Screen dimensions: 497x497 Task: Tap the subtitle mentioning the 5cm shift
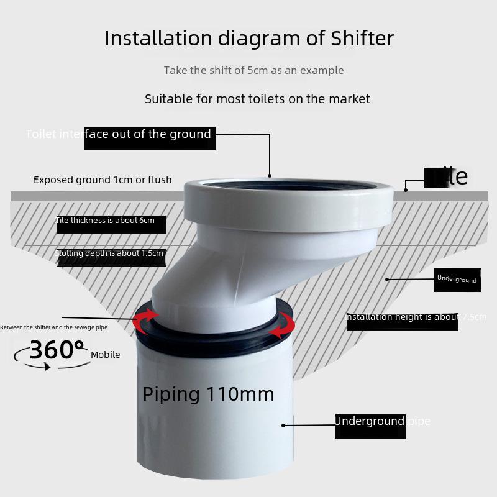[253, 70]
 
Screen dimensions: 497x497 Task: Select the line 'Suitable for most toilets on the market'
[257, 99]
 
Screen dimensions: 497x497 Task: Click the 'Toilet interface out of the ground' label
[119, 134]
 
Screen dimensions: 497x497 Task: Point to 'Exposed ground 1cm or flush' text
[103, 180]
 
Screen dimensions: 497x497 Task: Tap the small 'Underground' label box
[457, 280]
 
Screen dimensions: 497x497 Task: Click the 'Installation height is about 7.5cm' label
[416, 317]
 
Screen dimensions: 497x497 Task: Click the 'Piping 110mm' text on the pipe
[208, 394]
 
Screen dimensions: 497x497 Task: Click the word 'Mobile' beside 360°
[106, 355]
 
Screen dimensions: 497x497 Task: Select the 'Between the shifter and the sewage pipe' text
[53, 327]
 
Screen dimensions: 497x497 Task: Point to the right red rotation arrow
[286, 324]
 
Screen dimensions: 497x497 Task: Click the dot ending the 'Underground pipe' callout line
[283, 426]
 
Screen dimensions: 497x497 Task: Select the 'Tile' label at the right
[446, 177]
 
